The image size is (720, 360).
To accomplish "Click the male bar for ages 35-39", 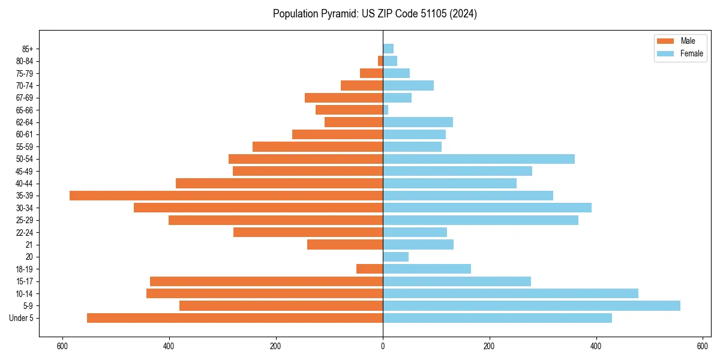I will tap(226, 196).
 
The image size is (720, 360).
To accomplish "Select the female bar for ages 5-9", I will tap(532, 305).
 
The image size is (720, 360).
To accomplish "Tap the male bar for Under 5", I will tap(235, 318).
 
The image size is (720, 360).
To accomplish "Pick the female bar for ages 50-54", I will tap(479, 159).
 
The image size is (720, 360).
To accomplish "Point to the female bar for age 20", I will tap(396, 257).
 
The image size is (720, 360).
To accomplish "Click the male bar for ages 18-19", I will tap(370, 269).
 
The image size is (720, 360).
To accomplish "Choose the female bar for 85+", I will tap(388, 49).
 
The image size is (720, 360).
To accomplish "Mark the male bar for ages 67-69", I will tap(344, 98).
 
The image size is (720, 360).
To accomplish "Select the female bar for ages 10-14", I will tap(511, 293).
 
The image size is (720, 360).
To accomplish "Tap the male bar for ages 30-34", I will tap(258, 208).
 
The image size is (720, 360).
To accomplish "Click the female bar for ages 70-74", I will tap(408, 85).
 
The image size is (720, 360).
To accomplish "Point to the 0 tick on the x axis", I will tap(383, 346).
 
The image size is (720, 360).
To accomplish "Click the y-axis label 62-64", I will tap(24, 122).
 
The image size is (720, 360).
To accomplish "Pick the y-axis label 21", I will tap(29, 245).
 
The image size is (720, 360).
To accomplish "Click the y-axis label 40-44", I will tap(24, 184).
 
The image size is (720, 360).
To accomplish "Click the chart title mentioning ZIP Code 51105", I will tap(374, 14).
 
